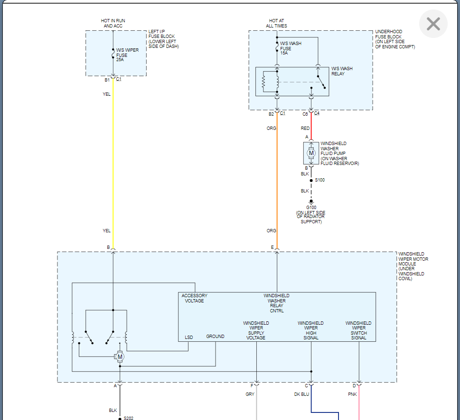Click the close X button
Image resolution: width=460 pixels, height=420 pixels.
coord(433,24)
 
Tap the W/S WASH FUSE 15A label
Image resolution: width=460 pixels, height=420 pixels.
coord(291,48)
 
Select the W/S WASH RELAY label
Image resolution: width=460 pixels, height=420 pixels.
coord(342,71)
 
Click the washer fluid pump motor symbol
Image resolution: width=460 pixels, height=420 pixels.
coord(311,153)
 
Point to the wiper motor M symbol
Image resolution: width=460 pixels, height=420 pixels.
coord(120,356)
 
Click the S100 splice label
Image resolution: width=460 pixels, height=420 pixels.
coord(319,180)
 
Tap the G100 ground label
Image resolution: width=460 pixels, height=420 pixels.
coord(311,207)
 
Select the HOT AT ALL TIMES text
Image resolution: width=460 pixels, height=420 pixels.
coord(277,23)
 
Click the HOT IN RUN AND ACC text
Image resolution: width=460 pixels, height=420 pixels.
coord(113,23)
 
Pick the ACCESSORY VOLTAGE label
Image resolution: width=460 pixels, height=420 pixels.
coord(194,298)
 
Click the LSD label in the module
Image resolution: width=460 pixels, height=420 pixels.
coord(189,338)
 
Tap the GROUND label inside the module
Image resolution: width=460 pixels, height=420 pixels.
coord(215,337)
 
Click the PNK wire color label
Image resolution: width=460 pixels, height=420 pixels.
coord(352,394)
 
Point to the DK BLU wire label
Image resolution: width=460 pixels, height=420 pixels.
coord(301,394)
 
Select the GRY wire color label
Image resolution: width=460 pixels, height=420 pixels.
coord(250,394)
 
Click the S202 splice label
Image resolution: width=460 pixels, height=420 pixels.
coord(128,418)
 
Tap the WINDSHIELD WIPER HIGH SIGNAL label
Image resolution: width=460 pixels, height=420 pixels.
coord(310,330)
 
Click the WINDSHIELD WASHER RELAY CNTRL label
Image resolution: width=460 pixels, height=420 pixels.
coord(276,303)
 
